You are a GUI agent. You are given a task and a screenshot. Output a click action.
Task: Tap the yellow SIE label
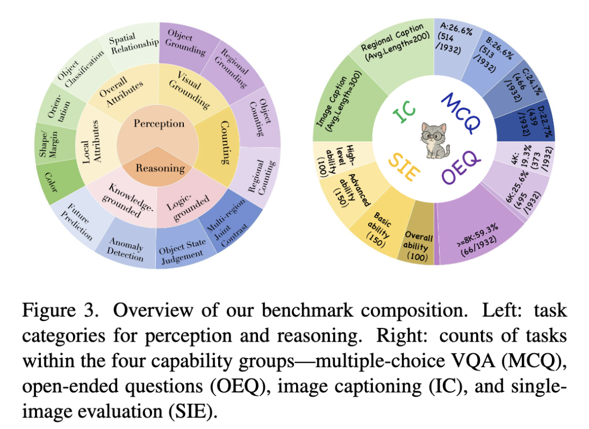pyautogui.click(x=404, y=166)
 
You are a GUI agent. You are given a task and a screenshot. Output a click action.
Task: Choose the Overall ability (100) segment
pyautogui.click(x=418, y=245)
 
